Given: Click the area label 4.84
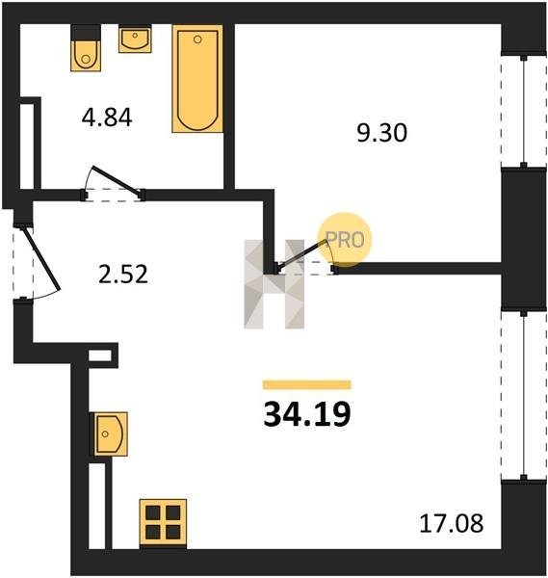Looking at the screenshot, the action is pyautogui.click(x=107, y=118).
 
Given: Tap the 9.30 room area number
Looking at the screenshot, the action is pyautogui.click(x=382, y=133).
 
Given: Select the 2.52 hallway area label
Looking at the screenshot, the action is pyautogui.click(x=123, y=275).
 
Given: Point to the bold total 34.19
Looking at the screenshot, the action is pyautogui.click(x=307, y=414).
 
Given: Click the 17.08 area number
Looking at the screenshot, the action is pyautogui.click(x=452, y=523).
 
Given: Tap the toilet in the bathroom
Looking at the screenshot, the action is pyautogui.click(x=86, y=48).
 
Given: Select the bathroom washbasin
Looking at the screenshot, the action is pyautogui.click(x=135, y=39).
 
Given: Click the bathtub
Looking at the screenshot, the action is pyautogui.click(x=197, y=79).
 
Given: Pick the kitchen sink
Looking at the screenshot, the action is pyautogui.click(x=109, y=433).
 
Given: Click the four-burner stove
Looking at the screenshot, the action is pyautogui.click(x=163, y=523).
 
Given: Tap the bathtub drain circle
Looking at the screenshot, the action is pyautogui.click(x=197, y=39).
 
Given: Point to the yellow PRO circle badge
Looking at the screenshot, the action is pyautogui.click(x=345, y=240).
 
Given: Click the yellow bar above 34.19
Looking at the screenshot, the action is pyautogui.click(x=307, y=384).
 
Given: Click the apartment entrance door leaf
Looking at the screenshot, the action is pyautogui.click(x=41, y=259).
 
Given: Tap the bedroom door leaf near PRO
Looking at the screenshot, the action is pyautogui.click(x=302, y=255).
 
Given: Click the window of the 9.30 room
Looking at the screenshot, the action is pyautogui.click(x=524, y=111).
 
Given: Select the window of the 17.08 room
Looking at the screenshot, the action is pyautogui.click(x=524, y=395).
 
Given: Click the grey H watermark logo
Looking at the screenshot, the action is pyautogui.click(x=274, y=283).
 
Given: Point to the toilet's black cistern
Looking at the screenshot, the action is pyautogui.click(x=86, y=33).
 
